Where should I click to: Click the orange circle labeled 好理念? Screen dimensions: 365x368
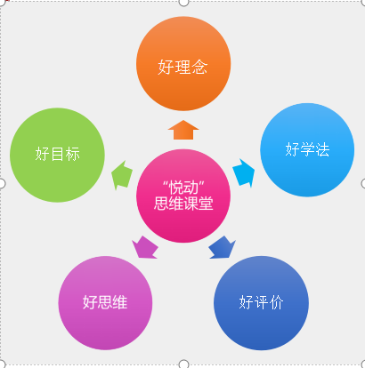click(183, 64)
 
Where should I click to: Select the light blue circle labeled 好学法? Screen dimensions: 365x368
click(307, 149)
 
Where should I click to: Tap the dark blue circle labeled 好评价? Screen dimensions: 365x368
click(261, 303)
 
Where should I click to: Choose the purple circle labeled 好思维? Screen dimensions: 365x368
click(105, 303)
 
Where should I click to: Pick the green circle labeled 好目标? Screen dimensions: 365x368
click(57, 155)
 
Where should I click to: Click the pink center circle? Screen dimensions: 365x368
click(183, 196)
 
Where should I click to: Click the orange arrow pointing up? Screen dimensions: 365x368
click(183, 130)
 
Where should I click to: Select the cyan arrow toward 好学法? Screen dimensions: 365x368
click(244, 173)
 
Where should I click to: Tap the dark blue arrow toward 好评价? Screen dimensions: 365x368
click(223, 248)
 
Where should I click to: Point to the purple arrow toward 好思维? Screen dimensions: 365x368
click(144, 248)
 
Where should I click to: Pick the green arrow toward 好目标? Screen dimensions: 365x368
click(122, 175)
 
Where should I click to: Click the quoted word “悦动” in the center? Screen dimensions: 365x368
click(183, 188)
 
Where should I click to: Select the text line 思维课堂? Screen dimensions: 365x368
click(183, 204)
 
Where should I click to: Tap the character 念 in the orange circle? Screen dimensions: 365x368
click(199, 67)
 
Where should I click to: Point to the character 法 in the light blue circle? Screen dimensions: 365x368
click(322, 149)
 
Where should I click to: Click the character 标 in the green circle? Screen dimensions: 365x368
click(72, 154)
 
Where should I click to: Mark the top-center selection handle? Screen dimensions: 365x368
click(183, 2)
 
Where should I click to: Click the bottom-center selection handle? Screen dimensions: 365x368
click(183, 364)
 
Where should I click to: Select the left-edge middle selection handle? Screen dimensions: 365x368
click(2, 184)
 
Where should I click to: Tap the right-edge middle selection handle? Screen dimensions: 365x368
click(363, 184)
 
